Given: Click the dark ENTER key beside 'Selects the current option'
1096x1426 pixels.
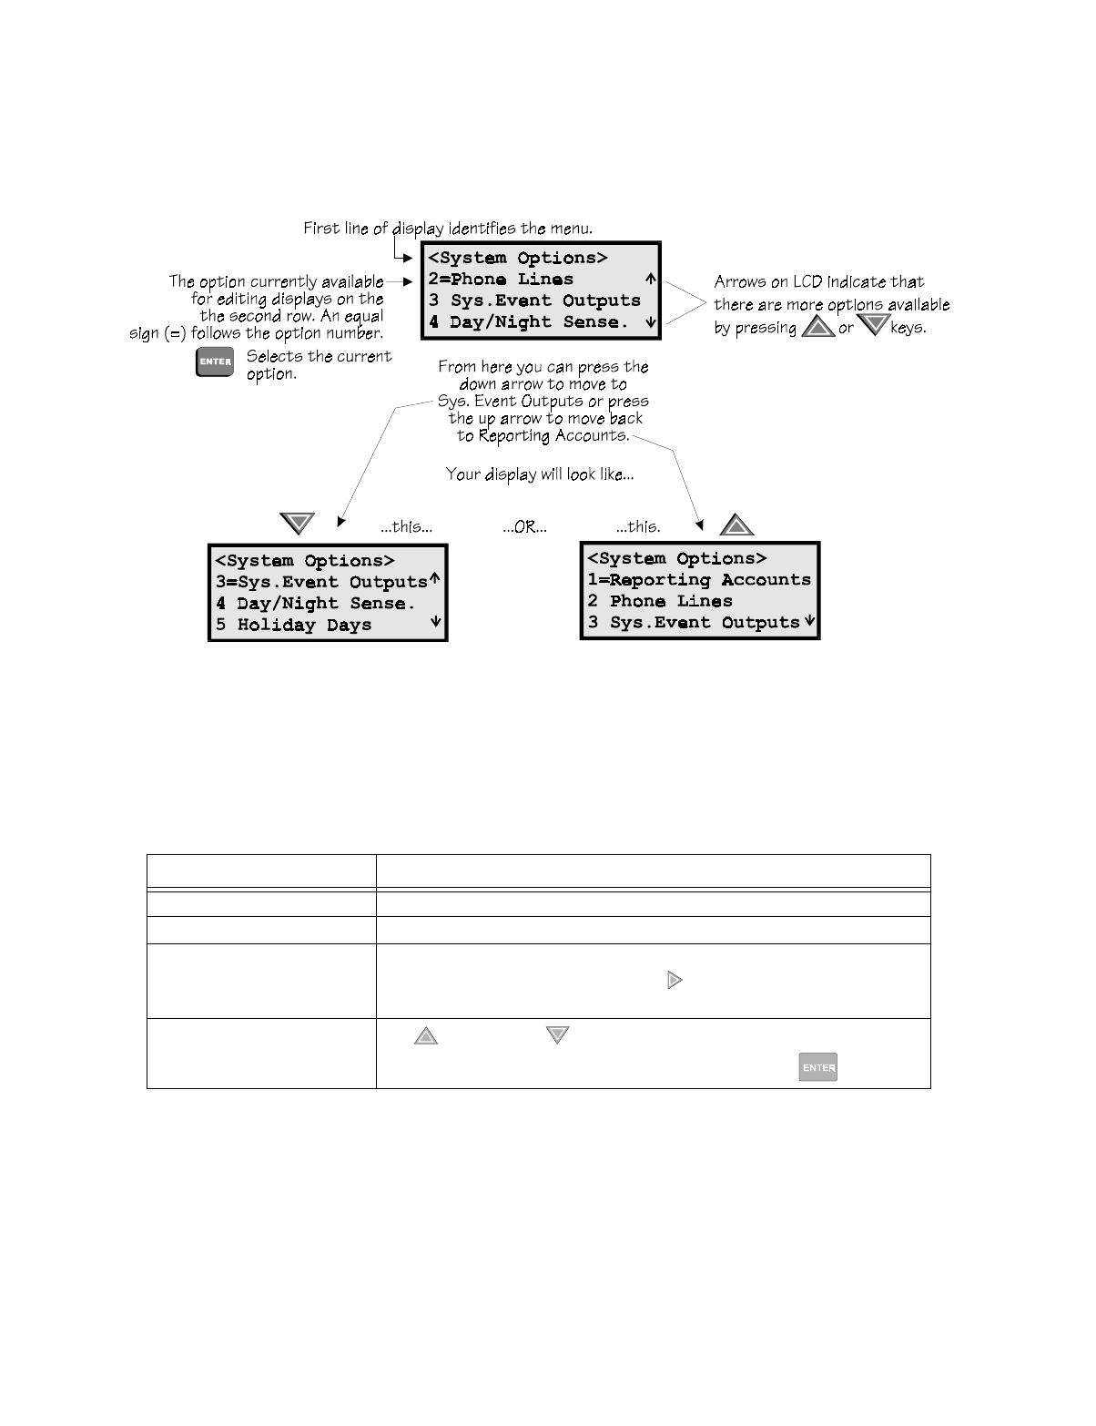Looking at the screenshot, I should (215, 362).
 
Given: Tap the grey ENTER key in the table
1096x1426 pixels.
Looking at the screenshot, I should (818, 1067).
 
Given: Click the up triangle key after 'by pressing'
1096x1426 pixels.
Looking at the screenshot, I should (817, 327).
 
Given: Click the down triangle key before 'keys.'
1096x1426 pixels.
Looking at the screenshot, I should (873, 325).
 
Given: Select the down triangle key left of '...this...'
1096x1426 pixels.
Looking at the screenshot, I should (297, 525).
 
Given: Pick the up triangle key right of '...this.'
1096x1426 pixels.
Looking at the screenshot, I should (736, 525).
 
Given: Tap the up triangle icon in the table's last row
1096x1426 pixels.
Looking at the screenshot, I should (426, 1035).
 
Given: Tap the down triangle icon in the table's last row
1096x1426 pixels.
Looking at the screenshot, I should (557, 1035).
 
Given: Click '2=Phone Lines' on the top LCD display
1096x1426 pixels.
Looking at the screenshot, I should (502, 280).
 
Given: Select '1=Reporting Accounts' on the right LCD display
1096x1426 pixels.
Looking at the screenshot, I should (699, 580).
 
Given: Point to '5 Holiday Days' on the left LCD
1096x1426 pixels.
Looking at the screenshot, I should (294, 625).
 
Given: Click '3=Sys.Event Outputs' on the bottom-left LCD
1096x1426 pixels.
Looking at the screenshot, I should (321, 582).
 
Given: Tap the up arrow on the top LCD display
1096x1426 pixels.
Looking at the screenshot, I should (650, 280).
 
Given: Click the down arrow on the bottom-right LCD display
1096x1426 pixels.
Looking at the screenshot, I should (809, 622).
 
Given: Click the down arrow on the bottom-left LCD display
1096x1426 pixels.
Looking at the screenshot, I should (436, 622).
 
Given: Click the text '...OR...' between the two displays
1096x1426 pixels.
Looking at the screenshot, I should (525, 527).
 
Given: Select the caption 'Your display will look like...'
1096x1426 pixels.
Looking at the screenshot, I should (540, 474).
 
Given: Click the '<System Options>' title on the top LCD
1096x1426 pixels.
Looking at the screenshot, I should (518, 258).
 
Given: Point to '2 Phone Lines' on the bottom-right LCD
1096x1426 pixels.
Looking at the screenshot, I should (660, 601).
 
